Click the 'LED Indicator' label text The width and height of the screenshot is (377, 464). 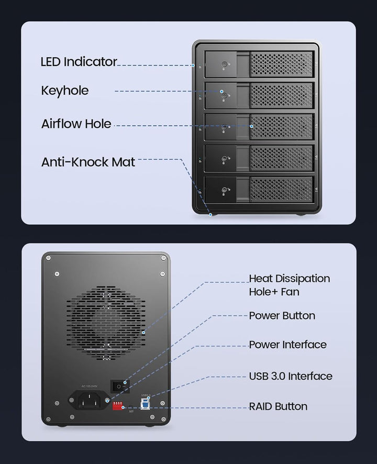click(79, 62)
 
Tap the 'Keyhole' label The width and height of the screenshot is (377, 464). click(65, 91)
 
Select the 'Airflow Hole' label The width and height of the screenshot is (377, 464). click(76, 124)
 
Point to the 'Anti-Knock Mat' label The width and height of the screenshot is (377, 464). click(88, 162)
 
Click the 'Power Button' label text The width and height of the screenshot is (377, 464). click(282, 315)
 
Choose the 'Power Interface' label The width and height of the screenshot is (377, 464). click(287, 345)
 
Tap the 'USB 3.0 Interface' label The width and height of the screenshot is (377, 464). click(291, 376)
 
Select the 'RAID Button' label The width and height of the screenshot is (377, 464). click(278, 406)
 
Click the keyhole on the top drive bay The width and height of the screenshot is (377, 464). click(224, 64)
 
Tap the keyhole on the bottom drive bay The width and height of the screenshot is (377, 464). click(224, 190)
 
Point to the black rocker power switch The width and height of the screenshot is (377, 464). click(120, 386)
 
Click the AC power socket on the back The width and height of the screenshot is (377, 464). click(89, 400)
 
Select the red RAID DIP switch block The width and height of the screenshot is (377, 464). click(118, 406)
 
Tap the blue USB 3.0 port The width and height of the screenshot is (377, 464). click(145, 404)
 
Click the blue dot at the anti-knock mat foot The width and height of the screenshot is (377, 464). click(210, 215)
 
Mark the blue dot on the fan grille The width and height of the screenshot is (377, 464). click(143, 333)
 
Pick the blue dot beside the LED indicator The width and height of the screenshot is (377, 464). click(193, 65)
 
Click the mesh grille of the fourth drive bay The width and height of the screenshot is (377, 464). click(281, 158)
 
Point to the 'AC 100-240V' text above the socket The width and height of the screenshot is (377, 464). click(90, 386)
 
